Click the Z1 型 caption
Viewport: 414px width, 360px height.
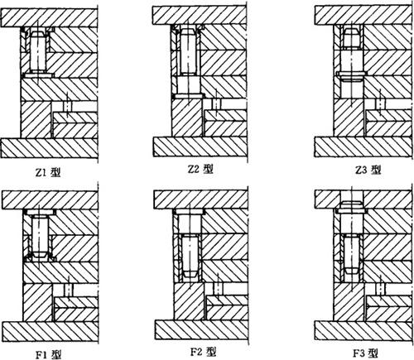(48, 172)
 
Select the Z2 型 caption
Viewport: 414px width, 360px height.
(200, 169)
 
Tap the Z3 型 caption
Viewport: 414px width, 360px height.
(368, 170)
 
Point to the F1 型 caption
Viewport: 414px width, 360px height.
(48, 354)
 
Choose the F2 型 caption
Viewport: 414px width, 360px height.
(203, 352)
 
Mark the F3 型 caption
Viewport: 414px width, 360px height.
(366, 353)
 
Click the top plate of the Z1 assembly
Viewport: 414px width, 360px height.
(49, 17)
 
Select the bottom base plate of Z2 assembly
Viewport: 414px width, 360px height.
(200, 146)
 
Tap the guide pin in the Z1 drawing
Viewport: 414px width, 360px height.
(38, 52)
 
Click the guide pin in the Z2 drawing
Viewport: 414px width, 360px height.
(190, 51)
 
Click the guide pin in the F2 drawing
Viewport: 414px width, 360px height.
(190, 256)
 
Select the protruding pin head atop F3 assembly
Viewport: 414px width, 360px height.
(352, 204)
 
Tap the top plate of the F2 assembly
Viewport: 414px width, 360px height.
(200, 199)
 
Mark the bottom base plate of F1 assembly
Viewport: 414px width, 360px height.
(50, 331)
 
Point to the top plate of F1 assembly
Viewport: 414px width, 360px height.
(50, 200)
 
